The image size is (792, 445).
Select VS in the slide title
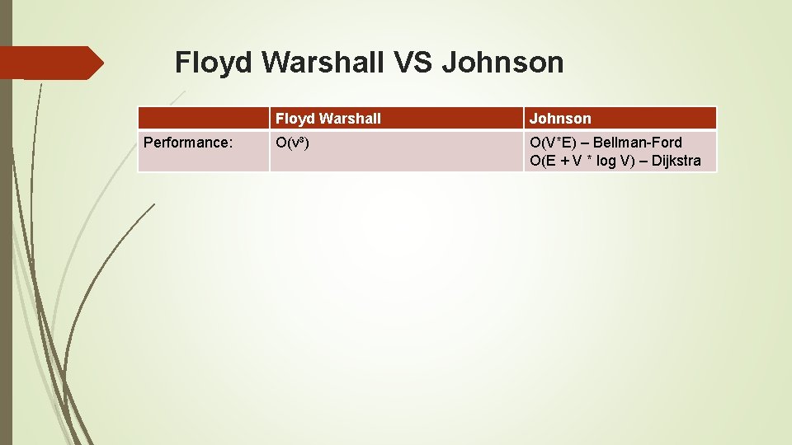[414, 63]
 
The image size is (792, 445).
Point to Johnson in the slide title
[502, 63]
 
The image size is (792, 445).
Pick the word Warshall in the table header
[350, 119]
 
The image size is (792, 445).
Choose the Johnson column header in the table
[560, 119]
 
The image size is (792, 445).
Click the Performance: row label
[188, 143]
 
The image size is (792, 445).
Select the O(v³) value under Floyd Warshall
[292, 143]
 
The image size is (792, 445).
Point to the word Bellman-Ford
[644, 143]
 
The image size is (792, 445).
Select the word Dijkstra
[676, 161]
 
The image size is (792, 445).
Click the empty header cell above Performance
[203, 119]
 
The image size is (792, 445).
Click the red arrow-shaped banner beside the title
[49, 63]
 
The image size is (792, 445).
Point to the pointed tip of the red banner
[101, 63]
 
